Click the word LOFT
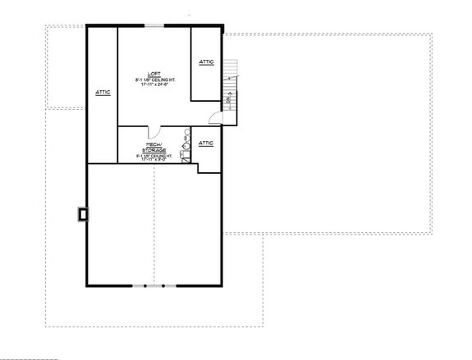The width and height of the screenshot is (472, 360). (x=154, y=73)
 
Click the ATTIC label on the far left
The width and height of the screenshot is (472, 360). (x=103, y=91)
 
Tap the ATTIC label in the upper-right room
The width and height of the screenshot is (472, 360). (x=206, y=62)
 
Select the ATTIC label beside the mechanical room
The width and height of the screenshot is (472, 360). (x=207, y=144)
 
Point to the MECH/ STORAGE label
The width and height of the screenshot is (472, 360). (x=154, y=147)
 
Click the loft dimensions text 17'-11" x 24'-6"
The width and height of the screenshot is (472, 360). (x=154, y=84)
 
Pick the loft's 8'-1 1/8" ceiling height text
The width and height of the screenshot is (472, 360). (x=154, y=79)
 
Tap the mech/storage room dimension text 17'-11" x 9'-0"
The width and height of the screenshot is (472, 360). (x=154, y=160)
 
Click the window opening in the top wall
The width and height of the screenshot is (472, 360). (x=154, y=26)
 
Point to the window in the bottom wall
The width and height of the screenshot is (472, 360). (x=154, y=285)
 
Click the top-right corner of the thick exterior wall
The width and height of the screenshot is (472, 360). (x=222, y=26)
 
